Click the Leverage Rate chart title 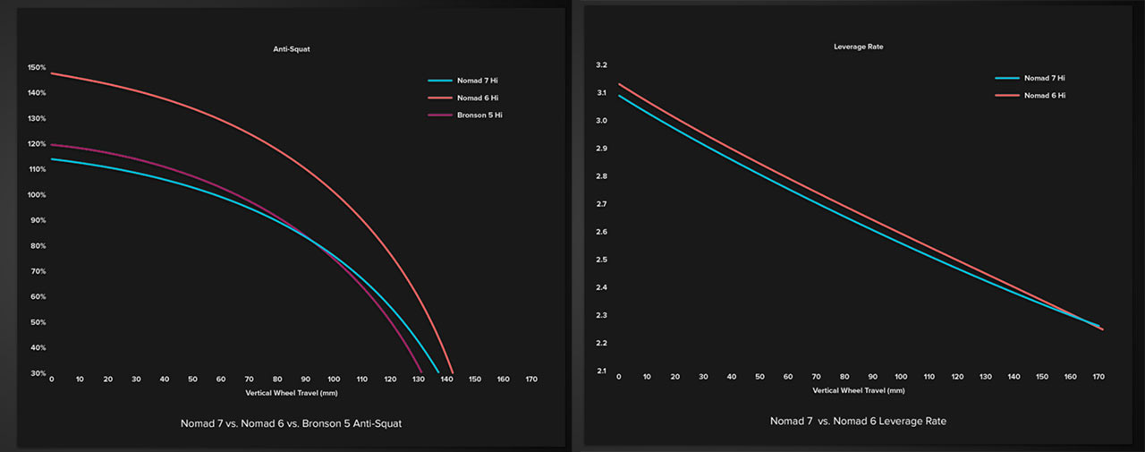click(x=858, y=47)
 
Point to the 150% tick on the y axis click(x=36, y=67)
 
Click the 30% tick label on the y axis click(x=38, y=373)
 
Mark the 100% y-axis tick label click(x=36, y=195)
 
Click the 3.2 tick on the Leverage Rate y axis click(x=600, y=65)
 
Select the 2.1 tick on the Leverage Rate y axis click(x=600, y=371)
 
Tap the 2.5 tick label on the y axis click(x=600, y=260)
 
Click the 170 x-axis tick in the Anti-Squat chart click(x=531, y=380)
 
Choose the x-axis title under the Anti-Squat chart click(x=292, y=392)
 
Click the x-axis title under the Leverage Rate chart click(x=859, y=390)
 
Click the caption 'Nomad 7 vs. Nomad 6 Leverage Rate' click(x=858, y=421)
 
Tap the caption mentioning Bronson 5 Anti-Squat click(x=291, y=422)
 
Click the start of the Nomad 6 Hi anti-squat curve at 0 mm click(x=52, y=73)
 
